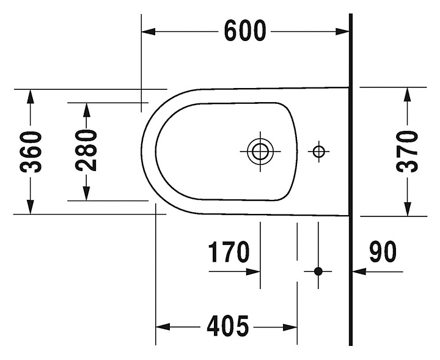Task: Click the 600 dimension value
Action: point(244,31)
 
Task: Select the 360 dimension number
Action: point(31,152)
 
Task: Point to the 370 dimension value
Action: point(408,152)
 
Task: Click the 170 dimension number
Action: point(229,252)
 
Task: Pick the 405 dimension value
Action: point(227,326)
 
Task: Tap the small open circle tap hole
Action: point(318,150)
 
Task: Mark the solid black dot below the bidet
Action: point(318,270)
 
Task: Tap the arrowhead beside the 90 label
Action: point(359,271)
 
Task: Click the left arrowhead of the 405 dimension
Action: point(162,327)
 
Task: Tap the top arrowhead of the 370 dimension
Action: point(408,94)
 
